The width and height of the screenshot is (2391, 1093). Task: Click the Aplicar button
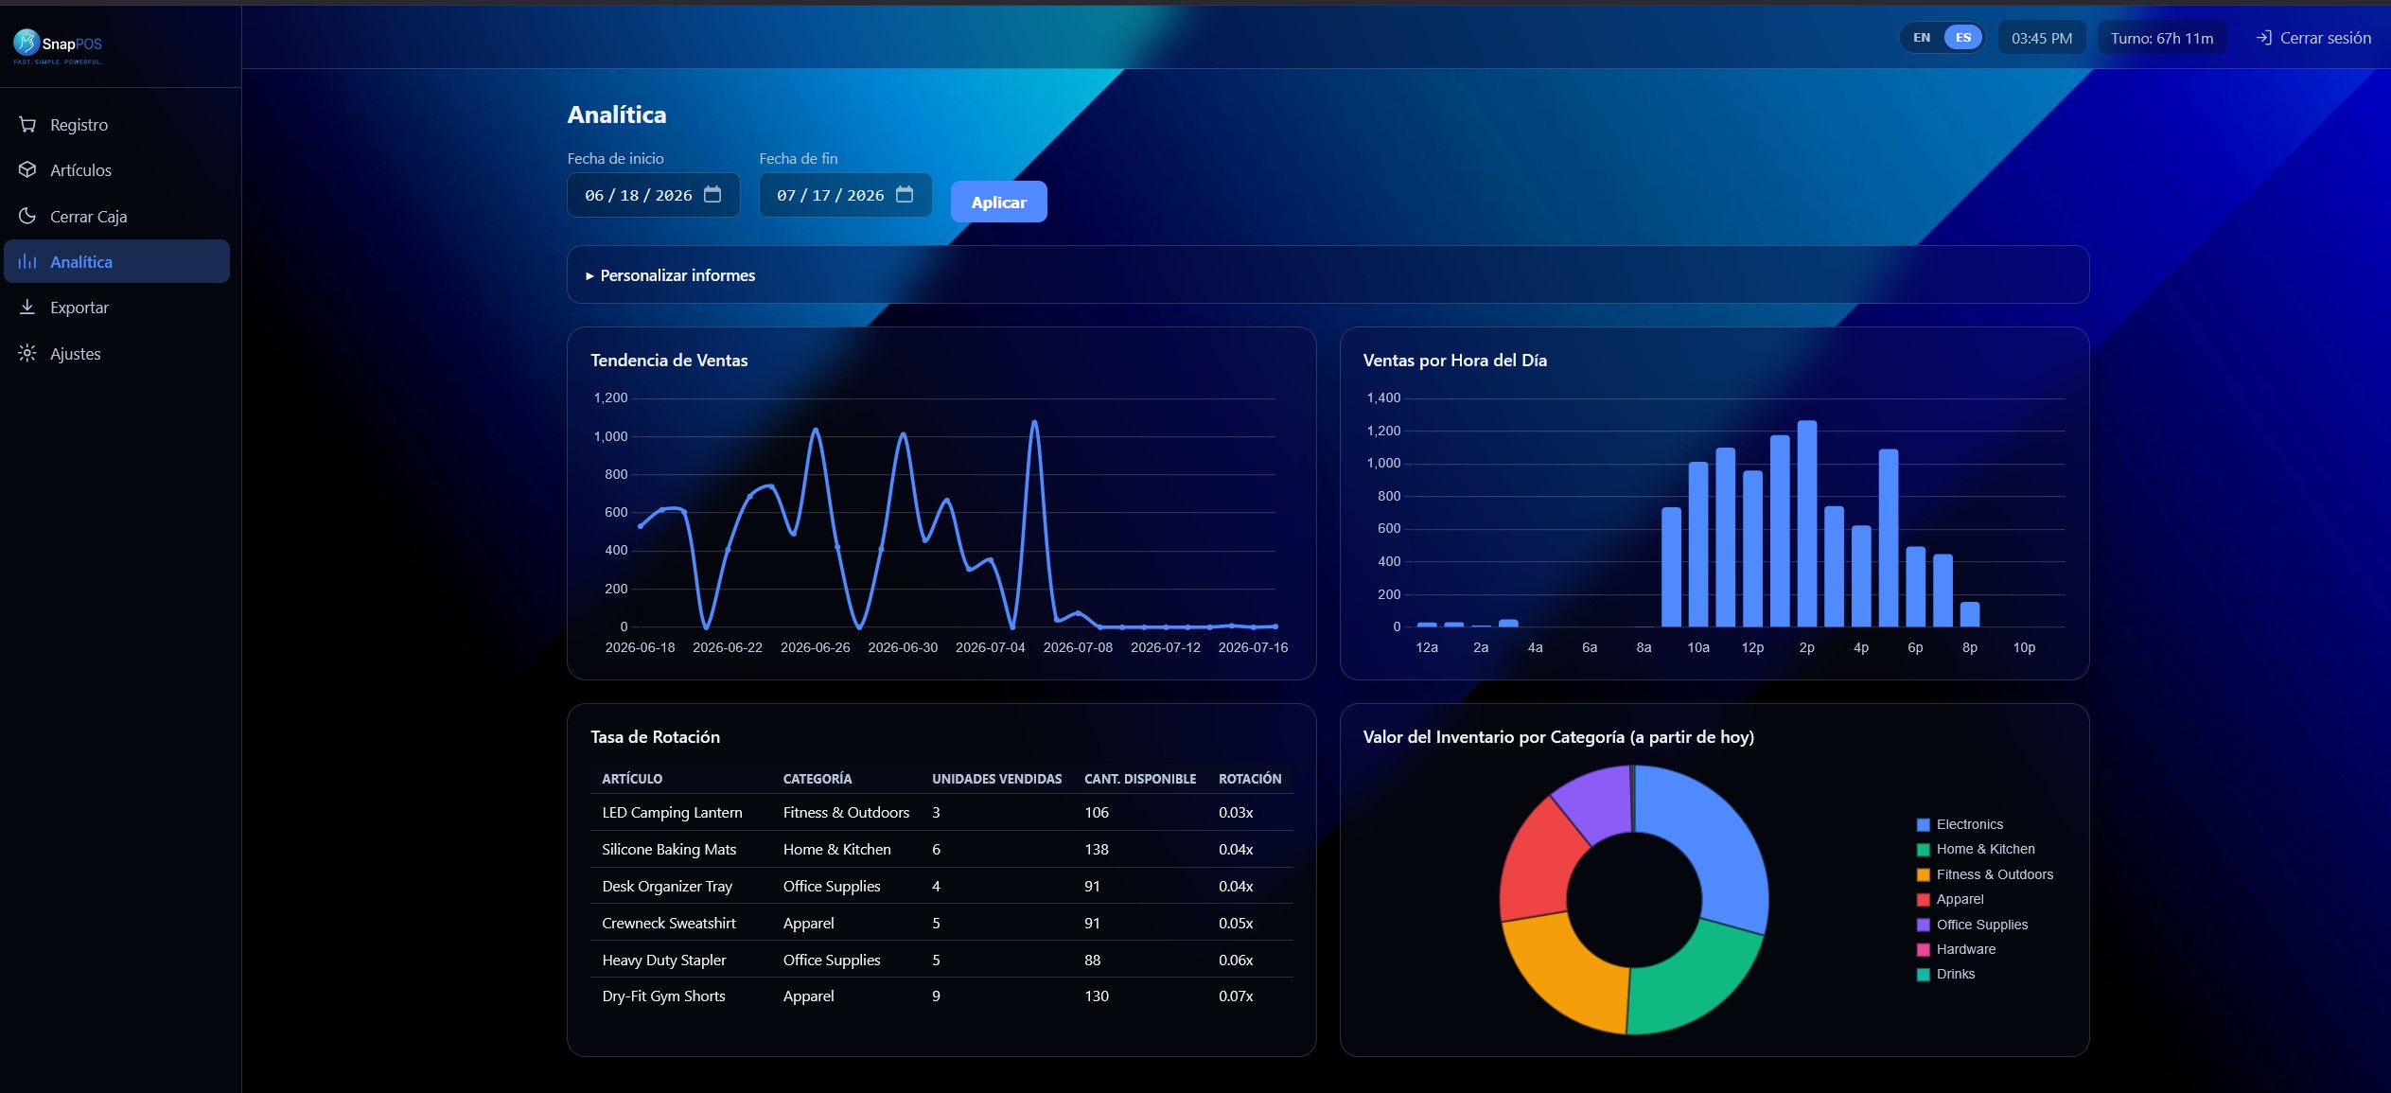(x=998, y=202)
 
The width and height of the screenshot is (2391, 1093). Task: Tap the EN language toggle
(x=1921, y=38)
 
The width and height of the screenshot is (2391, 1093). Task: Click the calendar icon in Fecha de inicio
(x=712, y=194)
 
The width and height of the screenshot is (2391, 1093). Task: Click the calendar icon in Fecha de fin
(x=905, y=194)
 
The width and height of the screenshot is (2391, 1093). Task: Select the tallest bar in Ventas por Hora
(x=1806, y=523)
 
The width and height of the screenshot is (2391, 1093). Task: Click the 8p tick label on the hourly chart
(x=1969, y=647)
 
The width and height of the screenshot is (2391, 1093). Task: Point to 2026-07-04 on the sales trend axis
(x=990, y=647)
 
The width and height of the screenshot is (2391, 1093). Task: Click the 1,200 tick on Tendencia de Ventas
(x=610, y=397)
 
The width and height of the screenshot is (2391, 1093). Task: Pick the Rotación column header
(x=1249, y=779)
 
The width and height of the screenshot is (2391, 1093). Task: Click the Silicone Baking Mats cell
(x=669, y=850)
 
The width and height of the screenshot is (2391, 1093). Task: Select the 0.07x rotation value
(x=1235, y=996)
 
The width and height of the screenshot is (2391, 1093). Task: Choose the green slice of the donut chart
(x=1694, y=979)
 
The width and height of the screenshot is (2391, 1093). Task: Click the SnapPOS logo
(x=58, y=44)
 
